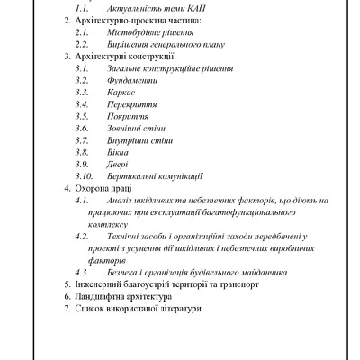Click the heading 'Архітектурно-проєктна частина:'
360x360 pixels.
tap(138, 19)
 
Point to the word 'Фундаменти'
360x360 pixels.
tap(131, 79)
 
